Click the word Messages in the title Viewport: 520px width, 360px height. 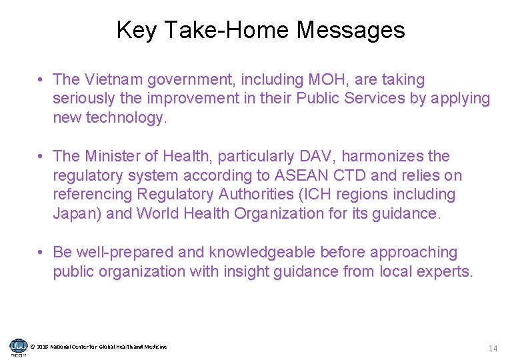click(x=351, y=30)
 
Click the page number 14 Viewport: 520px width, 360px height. click(x=493, y=348)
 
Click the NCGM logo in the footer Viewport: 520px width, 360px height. click(x=18, y=347)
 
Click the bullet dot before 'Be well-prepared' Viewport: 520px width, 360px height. click(x=41, y=253)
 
